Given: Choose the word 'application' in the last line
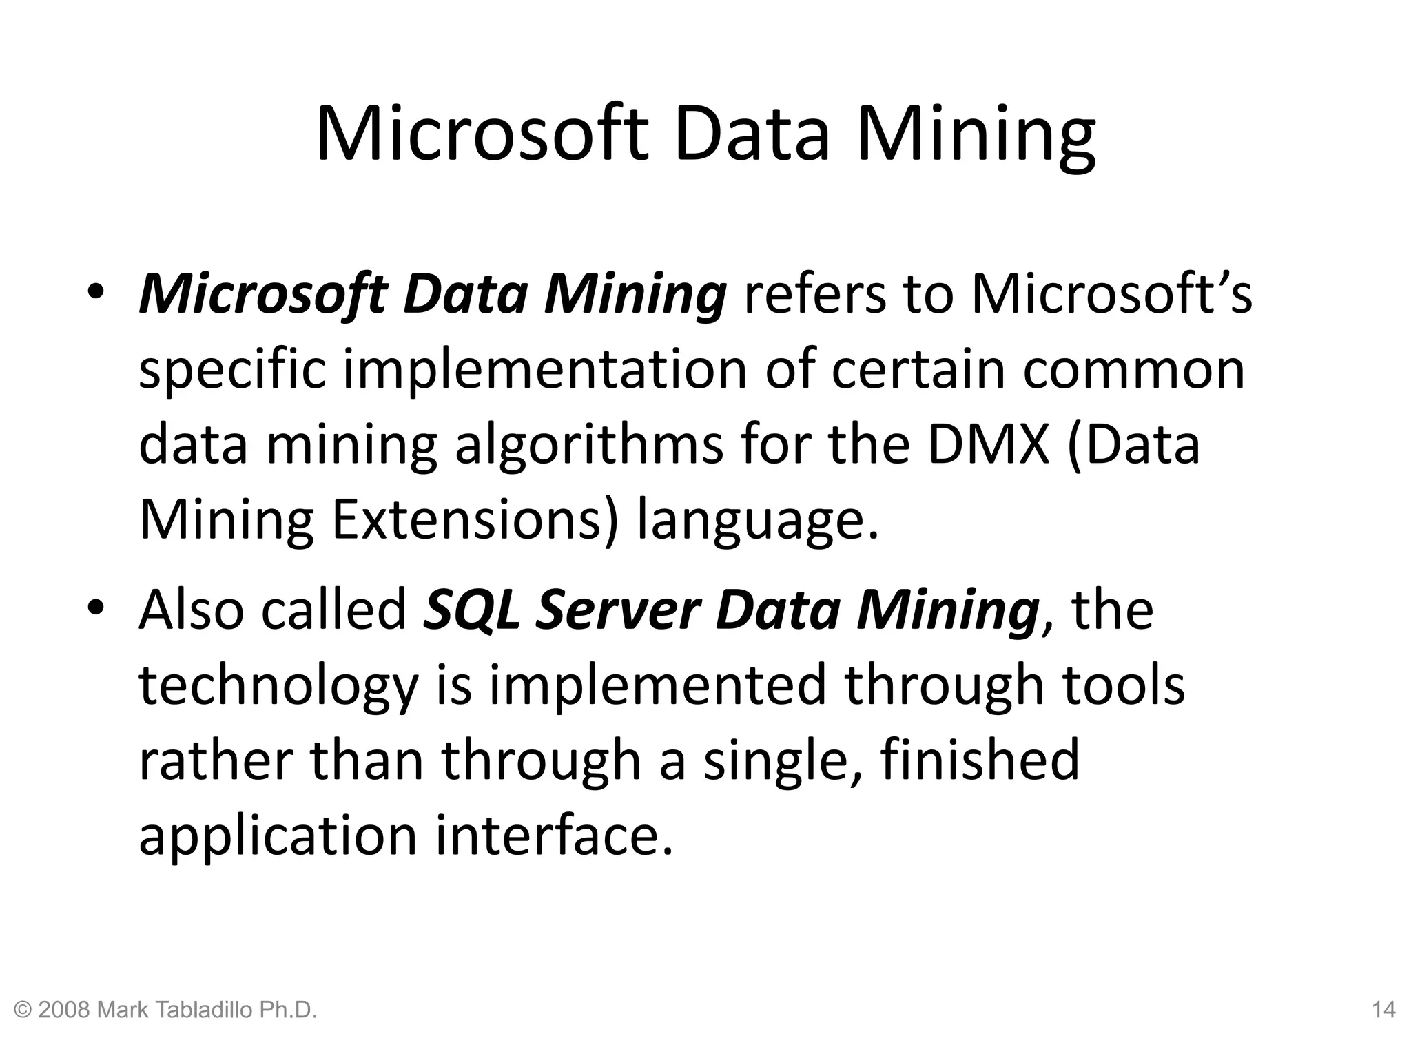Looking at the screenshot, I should pyautogui.click(x=278, y=837).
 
